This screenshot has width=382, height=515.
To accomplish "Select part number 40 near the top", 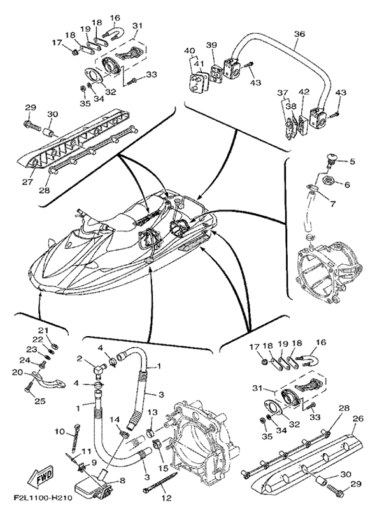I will [189, 50].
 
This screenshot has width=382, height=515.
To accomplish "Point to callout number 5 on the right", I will [351, 162].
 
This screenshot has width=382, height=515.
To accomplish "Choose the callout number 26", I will [358, 419].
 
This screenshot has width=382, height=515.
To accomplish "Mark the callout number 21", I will [43, 330].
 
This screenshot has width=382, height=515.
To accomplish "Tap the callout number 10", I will [59, 432].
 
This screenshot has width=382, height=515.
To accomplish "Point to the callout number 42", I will [304, 92].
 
